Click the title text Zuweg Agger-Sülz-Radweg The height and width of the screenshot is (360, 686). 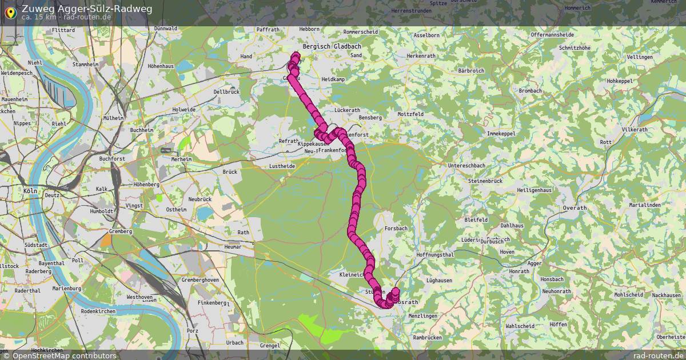click(87, 8)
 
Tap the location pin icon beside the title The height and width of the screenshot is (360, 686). click(10, 11)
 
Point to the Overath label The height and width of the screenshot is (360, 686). click(575, 209)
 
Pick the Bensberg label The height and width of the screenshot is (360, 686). click(369, 118)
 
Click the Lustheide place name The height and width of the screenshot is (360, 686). click(282, 166)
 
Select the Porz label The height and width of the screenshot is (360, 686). click(193, 330)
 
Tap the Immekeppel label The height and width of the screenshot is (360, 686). click(500, 133)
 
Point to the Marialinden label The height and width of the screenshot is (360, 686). click(645, 205)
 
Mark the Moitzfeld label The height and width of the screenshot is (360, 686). click(410, 114)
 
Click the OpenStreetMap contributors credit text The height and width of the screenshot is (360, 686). click(64, 355)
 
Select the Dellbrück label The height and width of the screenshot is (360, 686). click(226, 91)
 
